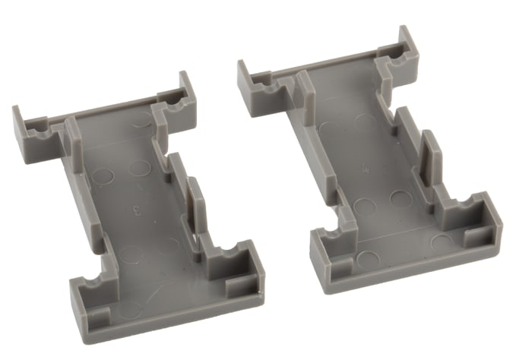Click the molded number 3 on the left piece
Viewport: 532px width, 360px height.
coord(136,206)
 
